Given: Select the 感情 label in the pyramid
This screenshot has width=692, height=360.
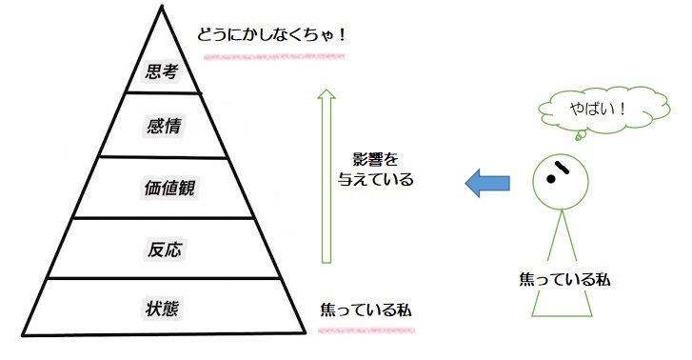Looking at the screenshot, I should pos(161,125).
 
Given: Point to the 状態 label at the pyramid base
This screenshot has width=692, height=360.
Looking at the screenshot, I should pos(161,309).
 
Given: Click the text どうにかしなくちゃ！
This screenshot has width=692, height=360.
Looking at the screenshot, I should pos(270,36).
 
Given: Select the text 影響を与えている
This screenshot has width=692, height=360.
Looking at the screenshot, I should pos(377,167).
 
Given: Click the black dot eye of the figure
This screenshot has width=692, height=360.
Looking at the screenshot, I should pos(550,178).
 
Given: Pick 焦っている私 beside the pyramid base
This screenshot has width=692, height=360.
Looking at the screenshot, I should pos(367,311).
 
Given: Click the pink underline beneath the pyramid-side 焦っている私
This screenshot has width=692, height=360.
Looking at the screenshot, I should pos(367,329).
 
